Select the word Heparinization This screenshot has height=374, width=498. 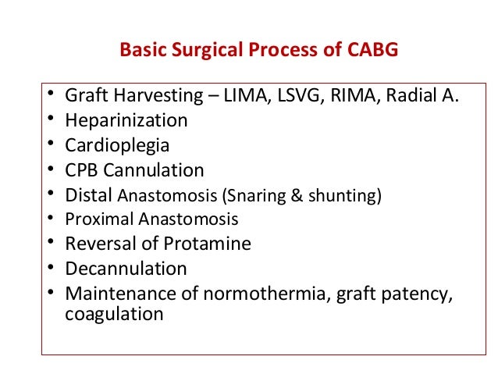click(x=126, y=121)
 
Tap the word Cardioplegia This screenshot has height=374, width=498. click(x=117, y=145)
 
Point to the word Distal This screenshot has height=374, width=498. click(x=90, y=194)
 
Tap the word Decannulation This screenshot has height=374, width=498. click(x=126, y=269)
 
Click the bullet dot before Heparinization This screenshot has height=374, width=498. click(x=49, y=121)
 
